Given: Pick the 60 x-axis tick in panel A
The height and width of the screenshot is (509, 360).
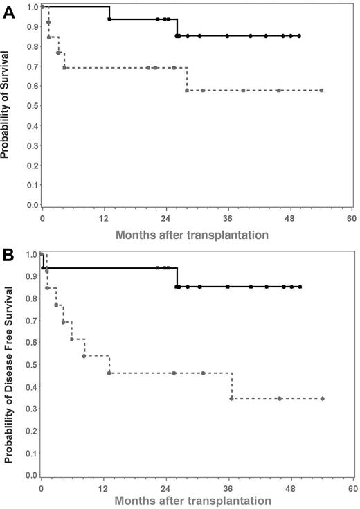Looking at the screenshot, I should (351, 218).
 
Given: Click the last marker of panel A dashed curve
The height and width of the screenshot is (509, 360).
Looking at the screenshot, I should (321, 91).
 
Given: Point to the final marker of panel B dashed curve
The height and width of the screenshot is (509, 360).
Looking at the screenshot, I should (323, 398).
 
